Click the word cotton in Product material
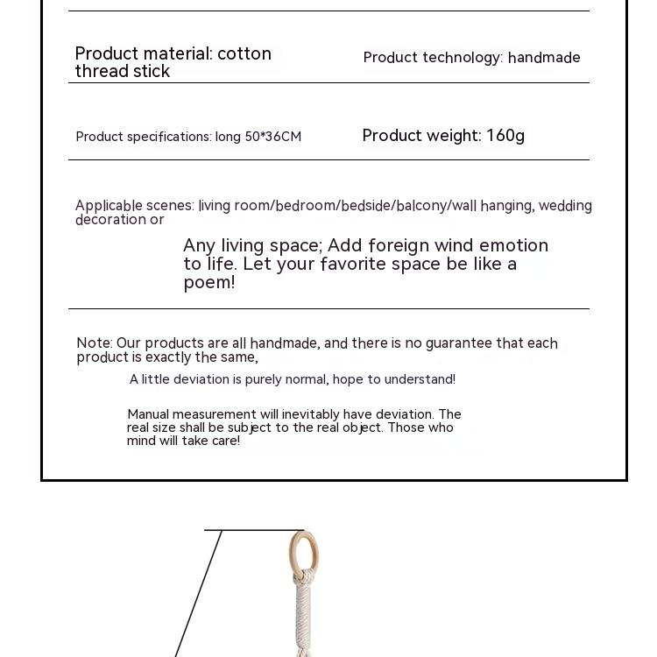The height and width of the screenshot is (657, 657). click(x=244, y=53)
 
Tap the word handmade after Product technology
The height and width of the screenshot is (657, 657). click(x=544, y=58)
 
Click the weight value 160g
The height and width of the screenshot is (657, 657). click(x=505, y=136)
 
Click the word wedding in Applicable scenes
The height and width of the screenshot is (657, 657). click(x=565, y=206)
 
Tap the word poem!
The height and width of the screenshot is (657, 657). click(x=209, y=282)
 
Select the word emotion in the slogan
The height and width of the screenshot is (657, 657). click(x=508, y=245)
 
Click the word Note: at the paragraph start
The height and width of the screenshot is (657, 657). click(x=95, y=343)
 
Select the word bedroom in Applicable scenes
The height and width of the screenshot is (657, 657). click(x=306, y=206)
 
